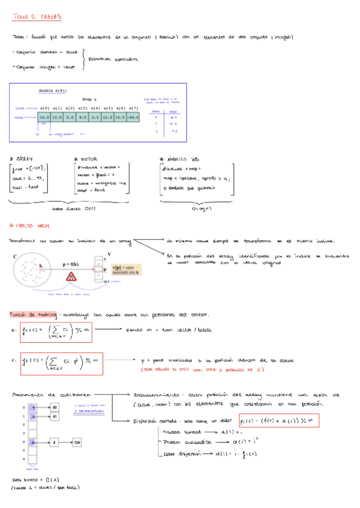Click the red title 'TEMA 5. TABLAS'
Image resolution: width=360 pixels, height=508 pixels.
(x=37, y=18)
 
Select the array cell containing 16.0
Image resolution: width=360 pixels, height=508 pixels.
(x=44, y=117)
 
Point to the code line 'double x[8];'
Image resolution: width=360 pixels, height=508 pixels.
(x=53, y=90)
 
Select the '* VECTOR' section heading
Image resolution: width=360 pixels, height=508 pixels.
(x=86, y=159)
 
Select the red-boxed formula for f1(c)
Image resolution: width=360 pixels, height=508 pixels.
(x=55, y=331)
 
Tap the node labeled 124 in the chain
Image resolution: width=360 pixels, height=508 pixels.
(x=77, y=442)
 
